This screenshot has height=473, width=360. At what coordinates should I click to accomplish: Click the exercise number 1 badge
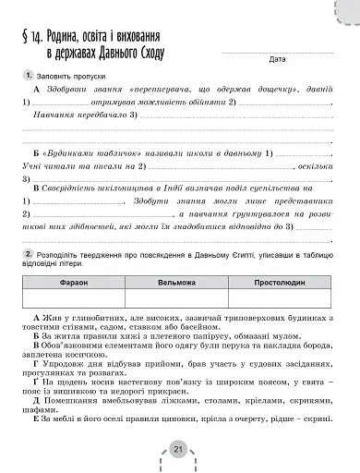point(30,73)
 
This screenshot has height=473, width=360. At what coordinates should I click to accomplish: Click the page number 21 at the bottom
point(178,449)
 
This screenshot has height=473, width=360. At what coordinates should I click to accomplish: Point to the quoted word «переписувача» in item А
point(156,88)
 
